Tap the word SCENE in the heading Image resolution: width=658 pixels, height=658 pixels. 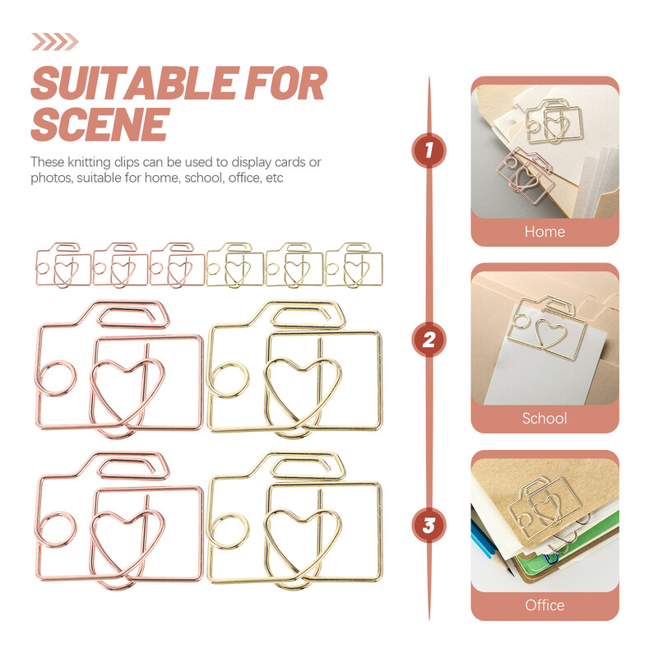pyautogui.click(x=100, y=124)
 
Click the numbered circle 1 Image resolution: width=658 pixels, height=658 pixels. pyautogui.click(x=429, y=151)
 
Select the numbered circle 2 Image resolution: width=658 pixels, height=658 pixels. pyautogui.click(x=429, y=340)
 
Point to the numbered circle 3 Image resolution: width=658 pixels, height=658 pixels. pyautogui.click(x=429, y=525)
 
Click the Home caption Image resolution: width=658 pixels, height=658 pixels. pyautogui.click(x=544, y=232)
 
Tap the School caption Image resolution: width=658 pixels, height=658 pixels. pyautogui.click(x=544, y=418)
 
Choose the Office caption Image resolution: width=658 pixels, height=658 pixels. pyautogui.click(x=544, y=605)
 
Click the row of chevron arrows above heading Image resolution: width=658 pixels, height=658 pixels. pyautogui.click(x=55, y=42)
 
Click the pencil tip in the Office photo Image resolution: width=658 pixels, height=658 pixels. pyautogui.click(x=511, y=572)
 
